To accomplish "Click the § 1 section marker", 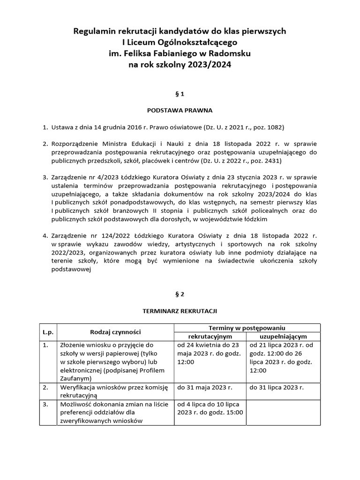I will click(180, 94).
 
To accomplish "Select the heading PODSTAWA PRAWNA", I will click(180, 111).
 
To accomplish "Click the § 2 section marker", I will click(180, 294).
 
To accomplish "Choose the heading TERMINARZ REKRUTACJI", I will click(180, 311).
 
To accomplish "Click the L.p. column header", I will click(48, 332).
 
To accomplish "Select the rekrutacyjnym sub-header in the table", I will click(210, 336).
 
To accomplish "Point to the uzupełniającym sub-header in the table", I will click(283, 336).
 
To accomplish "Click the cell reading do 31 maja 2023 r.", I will click(204, 387).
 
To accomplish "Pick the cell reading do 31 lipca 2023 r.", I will click(277, 387).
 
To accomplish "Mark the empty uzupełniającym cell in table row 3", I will click(283, 412).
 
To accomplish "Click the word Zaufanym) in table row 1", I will click(75, 379).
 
